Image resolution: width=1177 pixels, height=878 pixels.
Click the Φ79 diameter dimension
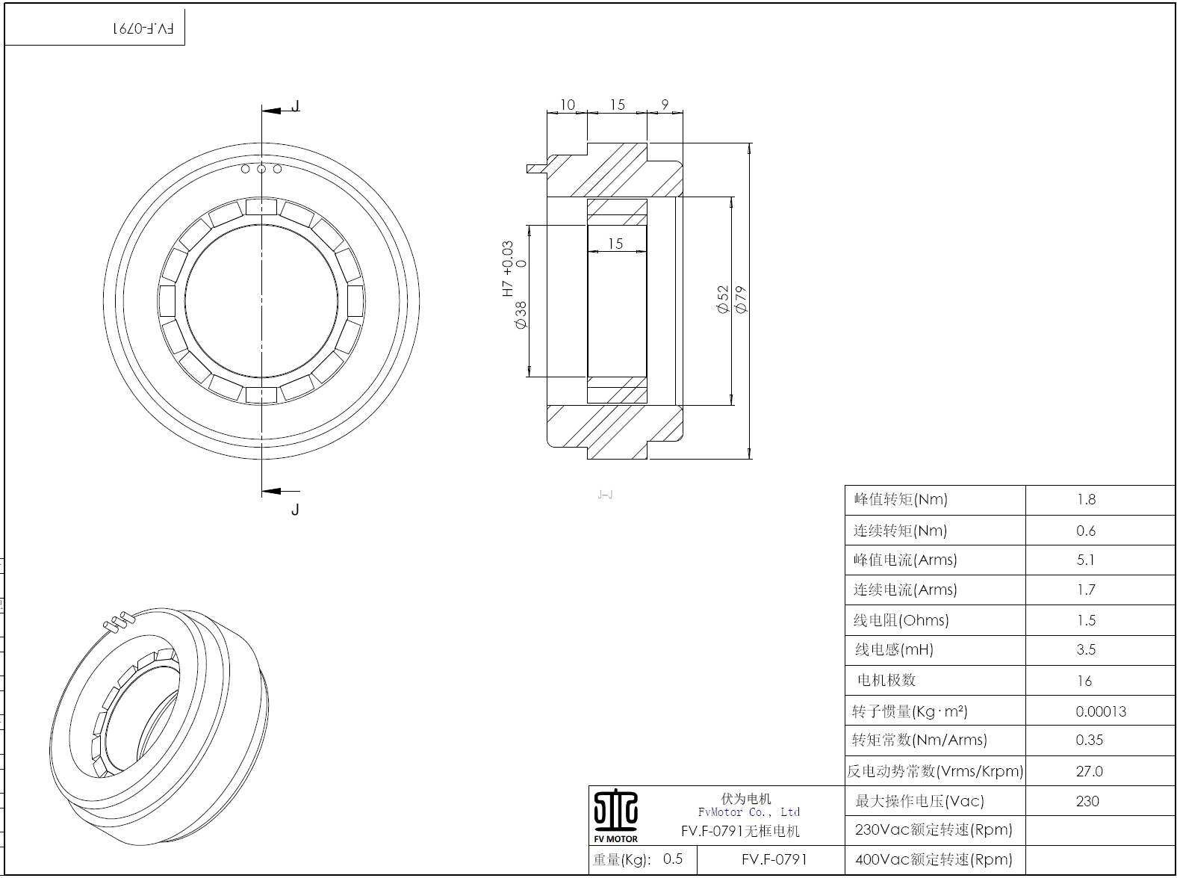click(741, 300)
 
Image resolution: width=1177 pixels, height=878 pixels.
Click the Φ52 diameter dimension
click(724, 300)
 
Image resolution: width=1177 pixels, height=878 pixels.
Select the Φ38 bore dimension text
click(521, 315)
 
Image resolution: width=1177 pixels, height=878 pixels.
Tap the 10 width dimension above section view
click(568, 105)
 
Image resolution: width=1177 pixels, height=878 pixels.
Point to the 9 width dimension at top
click(665, 104)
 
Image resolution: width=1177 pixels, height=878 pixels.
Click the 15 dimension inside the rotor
click(615, 244)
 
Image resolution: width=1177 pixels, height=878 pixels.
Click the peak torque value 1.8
click(1087, 500)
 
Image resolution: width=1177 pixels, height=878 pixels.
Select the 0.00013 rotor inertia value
click(1101, 711)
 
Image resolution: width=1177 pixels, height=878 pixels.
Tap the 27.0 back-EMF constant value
click(1089, 771)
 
